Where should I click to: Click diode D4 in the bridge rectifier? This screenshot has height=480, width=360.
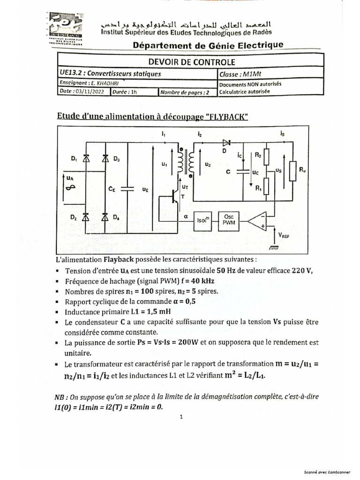click(x=105, y=217)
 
